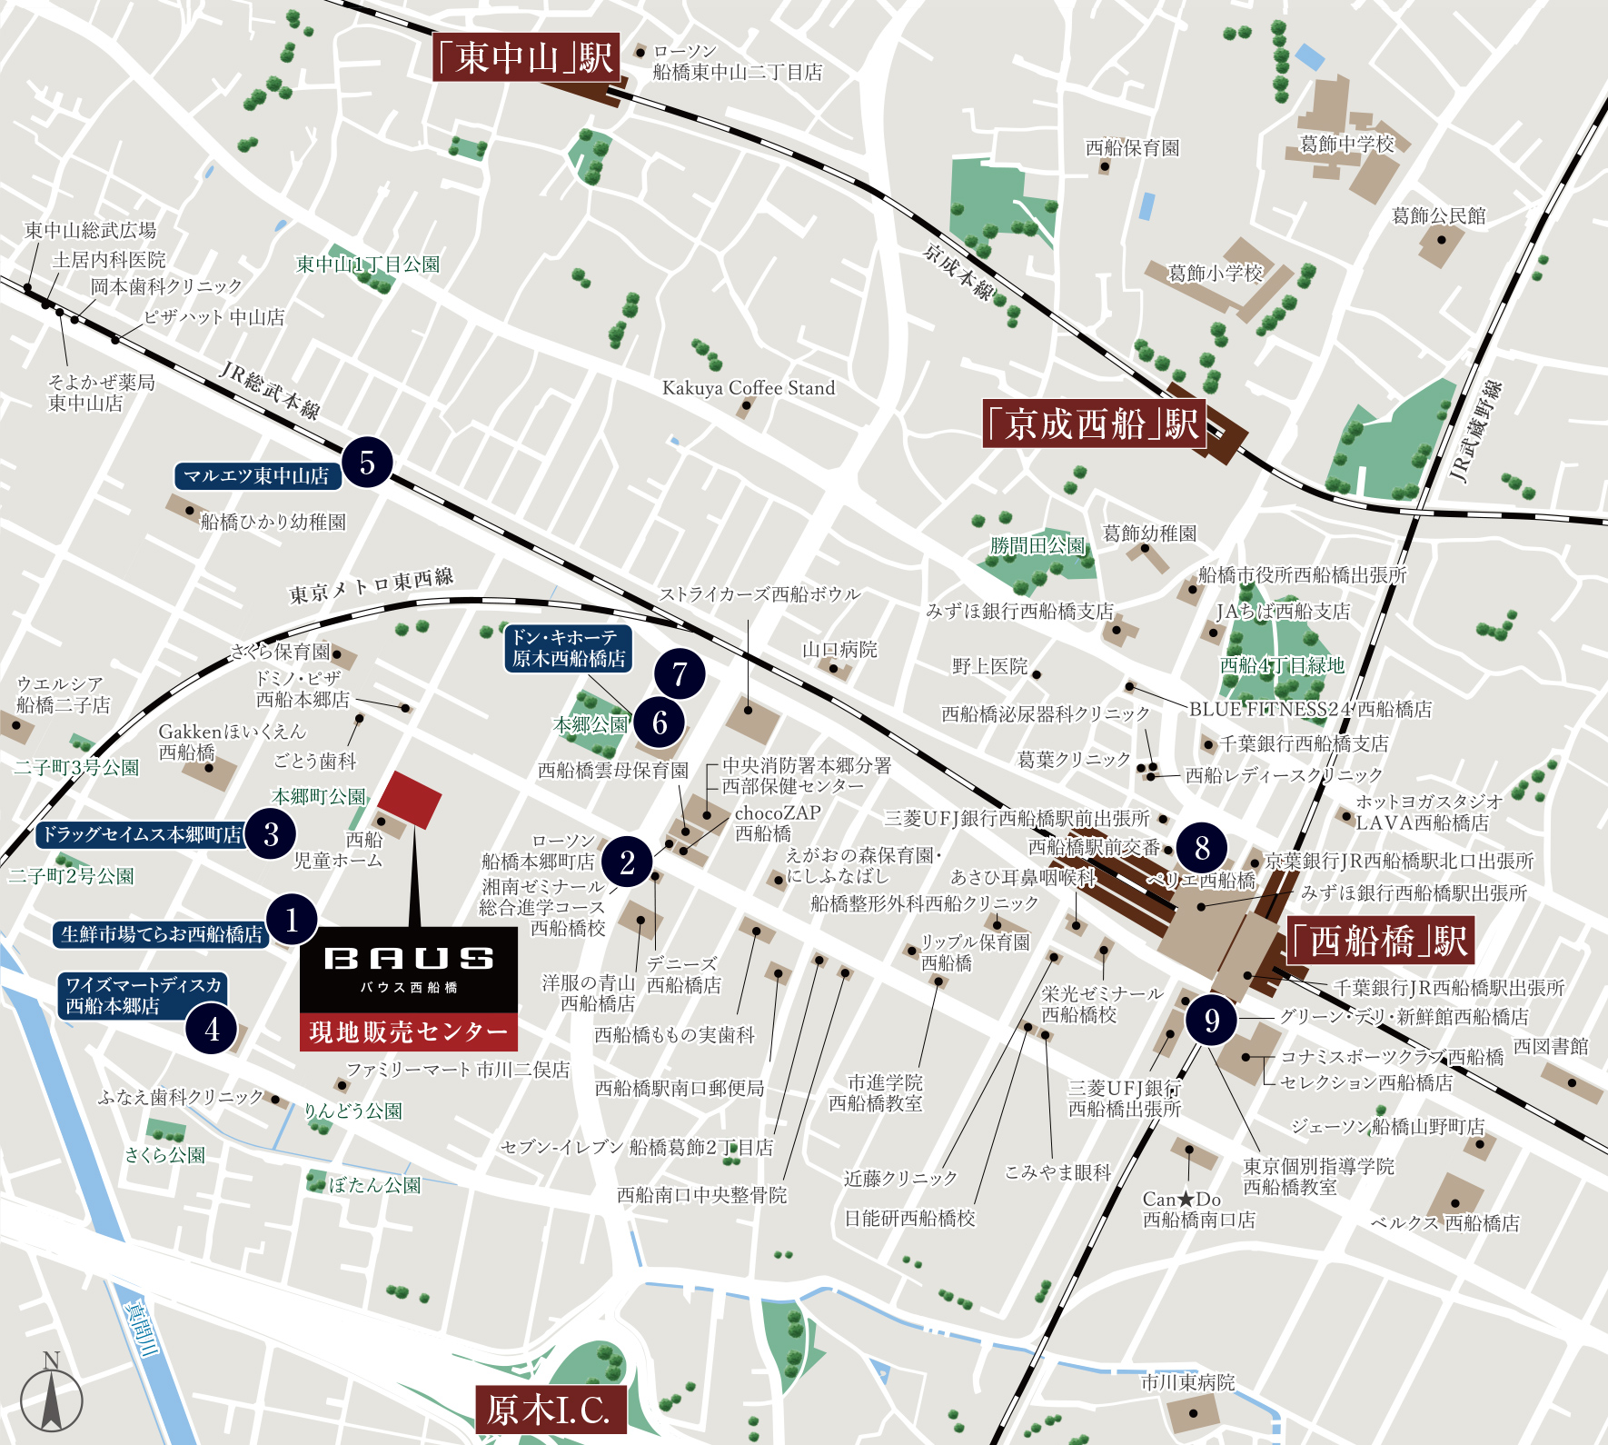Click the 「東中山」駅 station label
pos(526,57)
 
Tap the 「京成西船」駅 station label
pos(1094,424)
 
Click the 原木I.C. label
pos(550,1410)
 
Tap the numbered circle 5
pos(367,463)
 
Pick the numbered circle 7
pos(680,673)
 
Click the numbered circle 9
pos(1211,1020)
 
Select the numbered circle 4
pos(212,1029)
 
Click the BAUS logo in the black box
pos(409,959)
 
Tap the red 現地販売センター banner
pos(409,1031)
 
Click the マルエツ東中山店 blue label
pos(256,476)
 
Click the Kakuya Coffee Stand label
pos(748,388)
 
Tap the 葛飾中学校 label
pos(1346,144)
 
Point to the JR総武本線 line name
pos(269,390)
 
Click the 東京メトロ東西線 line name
pos(371,586)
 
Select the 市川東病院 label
pos(1187,1382)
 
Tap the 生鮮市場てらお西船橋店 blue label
pos(161,933)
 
